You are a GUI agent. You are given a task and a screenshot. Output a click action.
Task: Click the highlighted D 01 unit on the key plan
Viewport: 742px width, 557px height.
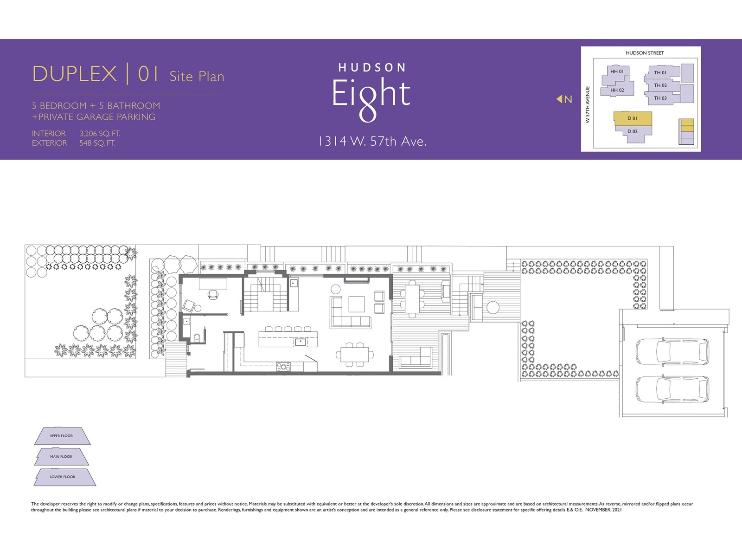click(632, 118)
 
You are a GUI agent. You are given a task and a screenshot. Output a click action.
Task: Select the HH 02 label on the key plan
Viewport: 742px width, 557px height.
click(617, 90)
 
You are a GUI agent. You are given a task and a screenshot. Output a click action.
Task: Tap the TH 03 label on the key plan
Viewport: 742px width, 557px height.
click(660, 98)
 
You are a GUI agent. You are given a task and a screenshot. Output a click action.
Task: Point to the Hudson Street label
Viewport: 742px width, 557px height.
click(645, 53)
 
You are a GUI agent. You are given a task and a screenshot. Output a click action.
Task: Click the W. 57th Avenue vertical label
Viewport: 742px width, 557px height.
click(588, 104)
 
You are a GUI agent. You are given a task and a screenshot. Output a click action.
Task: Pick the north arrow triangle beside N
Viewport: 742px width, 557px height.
click(559, 99)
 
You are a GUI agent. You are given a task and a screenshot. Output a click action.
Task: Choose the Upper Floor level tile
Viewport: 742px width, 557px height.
click(62, 436)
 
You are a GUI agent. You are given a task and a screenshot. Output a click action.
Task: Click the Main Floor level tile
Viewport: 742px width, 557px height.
click(61, 457)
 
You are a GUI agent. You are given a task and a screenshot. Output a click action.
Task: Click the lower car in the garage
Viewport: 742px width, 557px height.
click(672, 389)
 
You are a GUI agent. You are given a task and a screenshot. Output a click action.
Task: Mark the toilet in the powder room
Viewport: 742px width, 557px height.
click(197, 337)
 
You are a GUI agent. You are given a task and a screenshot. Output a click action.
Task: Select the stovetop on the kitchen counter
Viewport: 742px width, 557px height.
click(283, 367)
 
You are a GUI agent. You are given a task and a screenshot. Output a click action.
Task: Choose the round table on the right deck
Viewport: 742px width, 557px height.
click(493, 307)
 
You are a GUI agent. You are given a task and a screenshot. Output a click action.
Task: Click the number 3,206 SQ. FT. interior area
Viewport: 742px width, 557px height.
click(100, 134)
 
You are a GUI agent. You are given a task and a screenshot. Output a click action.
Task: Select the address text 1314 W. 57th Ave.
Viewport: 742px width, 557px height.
click(372, 142)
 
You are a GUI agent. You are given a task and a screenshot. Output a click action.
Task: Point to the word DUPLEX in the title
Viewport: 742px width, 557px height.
click(75, 74)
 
